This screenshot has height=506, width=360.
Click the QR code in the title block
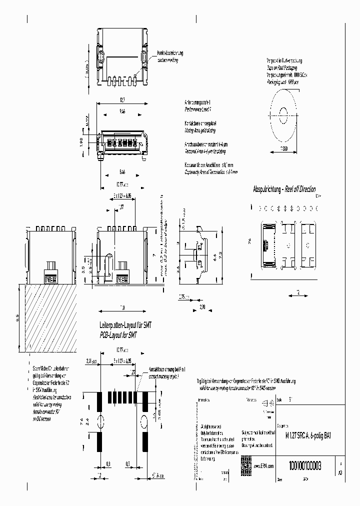pyautogui.click(x=246, y=462)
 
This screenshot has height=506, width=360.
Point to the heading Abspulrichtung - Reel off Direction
pyautogui.click(x=284, y=189)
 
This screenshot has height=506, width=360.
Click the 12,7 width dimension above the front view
pyautogui.click(x=123, y=100)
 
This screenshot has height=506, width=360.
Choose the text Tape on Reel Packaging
pyautogui.click(x=281, y=66)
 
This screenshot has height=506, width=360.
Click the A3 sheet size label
pyautogui.click(x=341, y=471)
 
